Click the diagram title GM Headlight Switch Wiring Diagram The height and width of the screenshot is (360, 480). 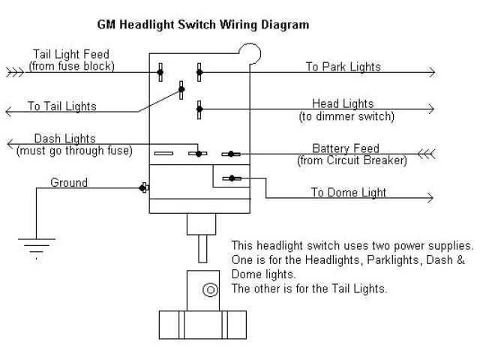tap(202, 24)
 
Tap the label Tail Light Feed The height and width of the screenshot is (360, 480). tap(71, 54)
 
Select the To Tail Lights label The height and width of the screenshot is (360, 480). tap(62, 106)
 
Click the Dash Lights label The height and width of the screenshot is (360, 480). tap(64, 139)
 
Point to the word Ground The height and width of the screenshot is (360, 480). tap(69, 182)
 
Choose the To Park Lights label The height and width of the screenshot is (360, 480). tap(343, 67)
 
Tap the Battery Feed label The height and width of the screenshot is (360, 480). tap(346, 148)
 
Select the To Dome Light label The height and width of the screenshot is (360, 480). tap(349, 193)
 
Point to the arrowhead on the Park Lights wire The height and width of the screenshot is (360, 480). tap(430, 73)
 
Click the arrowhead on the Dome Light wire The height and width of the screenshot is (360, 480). tap(430, 199)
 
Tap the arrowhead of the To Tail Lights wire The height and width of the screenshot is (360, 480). tap(9, 112)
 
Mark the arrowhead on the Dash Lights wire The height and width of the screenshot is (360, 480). tap(9, 145)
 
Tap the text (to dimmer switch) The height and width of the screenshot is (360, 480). tap(346, 116)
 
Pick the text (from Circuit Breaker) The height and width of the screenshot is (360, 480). tap(352, 160)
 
